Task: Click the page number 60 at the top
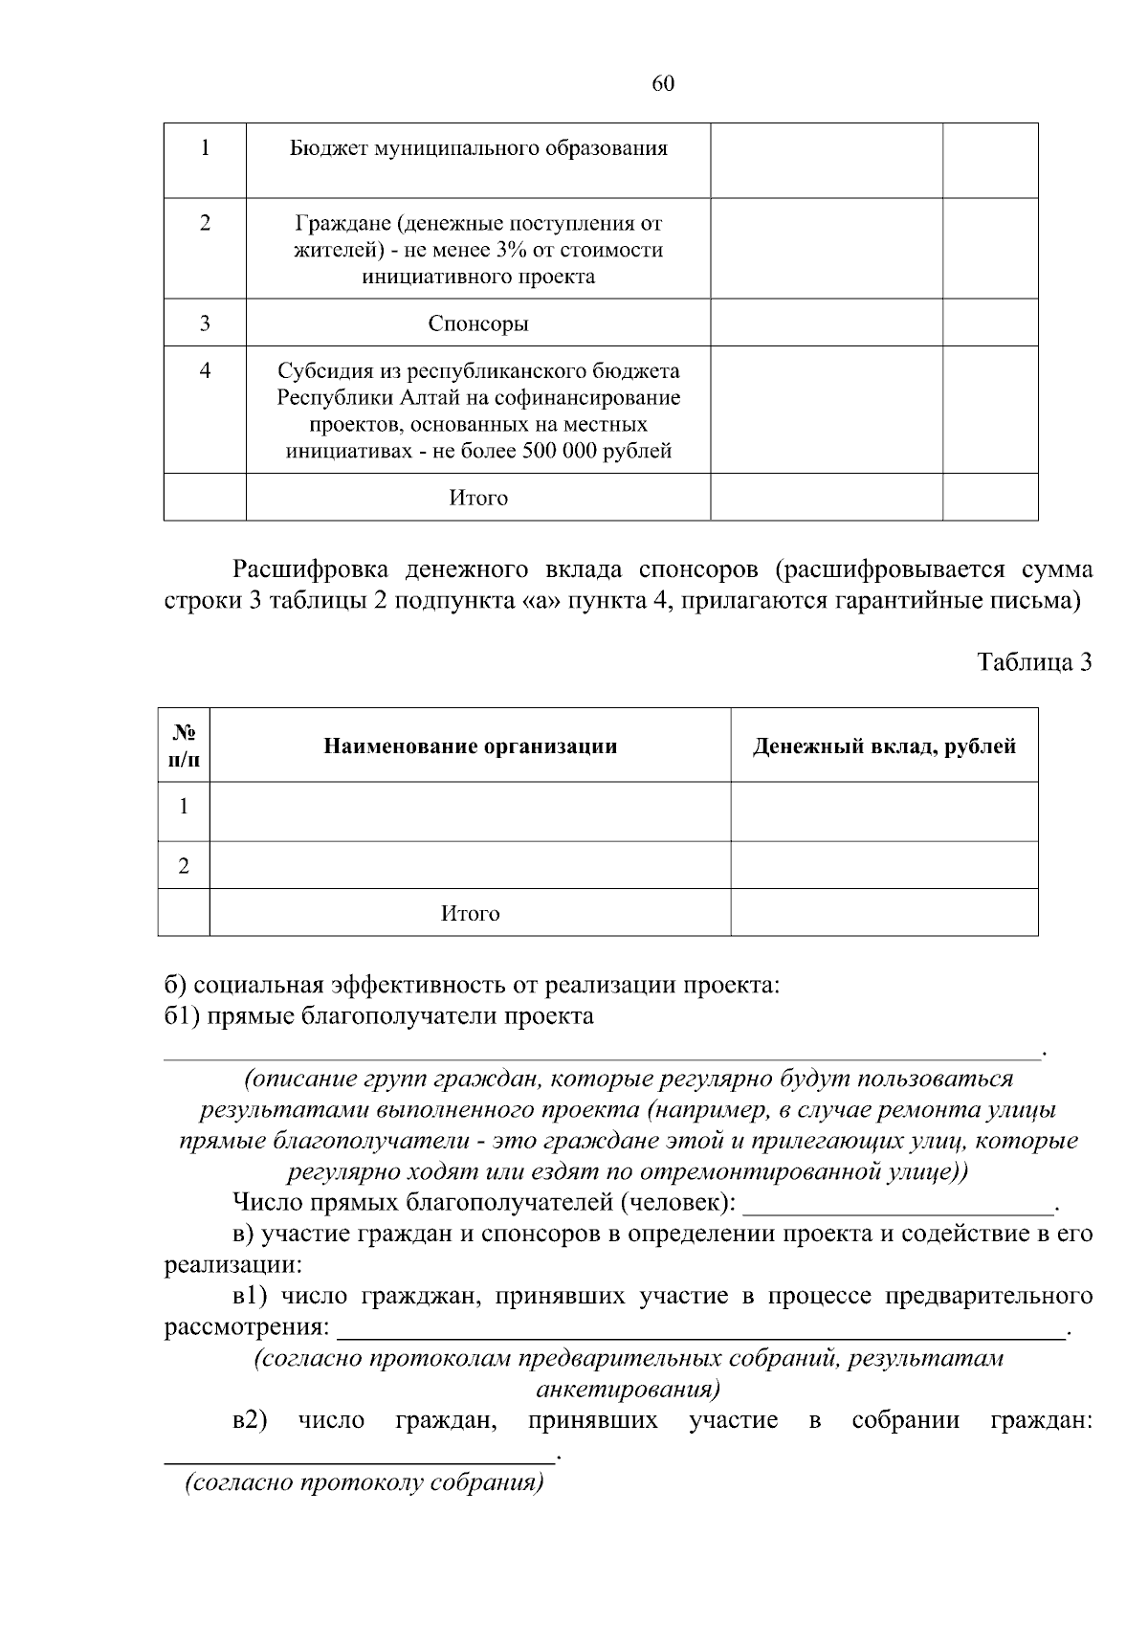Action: pyautogui.click(x=663, y=83)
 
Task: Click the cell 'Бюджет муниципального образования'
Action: pyautogui.click(x=478, y=148)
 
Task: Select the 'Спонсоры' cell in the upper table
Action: pyautogui.click(x=478, y=323)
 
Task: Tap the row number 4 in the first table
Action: pyautogui.click(x=205, y=370)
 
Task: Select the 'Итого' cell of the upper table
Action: pyautogui.click(x=478, y=498)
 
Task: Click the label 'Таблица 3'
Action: pyautogui.click(x=1034, y=661)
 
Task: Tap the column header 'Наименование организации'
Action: pyautogui.click(x=470, y=746)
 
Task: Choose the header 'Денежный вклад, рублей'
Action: pyautogui.click(x=884, y=746)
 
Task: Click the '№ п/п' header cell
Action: pyautogui.click(x=185, y=746)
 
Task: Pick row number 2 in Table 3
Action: pyautogui.click(x=184, y=866)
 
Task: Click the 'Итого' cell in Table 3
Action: pyautogui.click(x=470, y=913)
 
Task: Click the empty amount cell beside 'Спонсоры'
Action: pyautogui.click(x=827, y=323)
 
